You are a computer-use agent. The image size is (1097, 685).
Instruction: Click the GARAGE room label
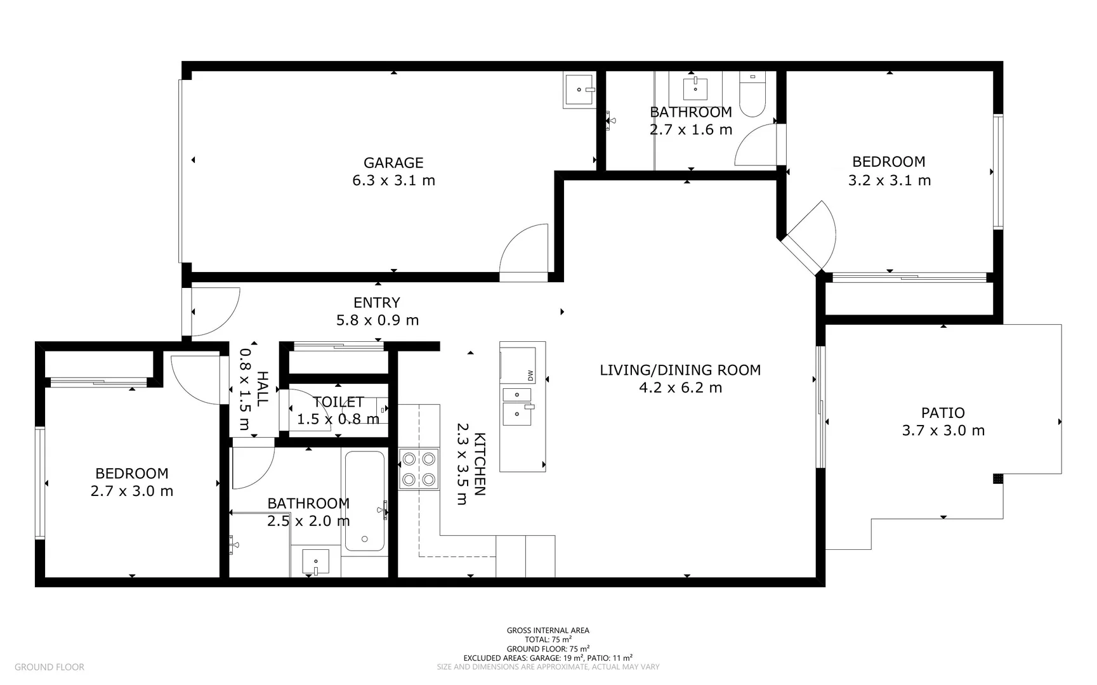(393, 163)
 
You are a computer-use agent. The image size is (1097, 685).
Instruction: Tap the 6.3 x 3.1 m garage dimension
(393, 181)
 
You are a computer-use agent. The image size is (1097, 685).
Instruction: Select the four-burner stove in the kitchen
(419, 469)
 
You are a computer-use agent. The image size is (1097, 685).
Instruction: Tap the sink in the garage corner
(579, 89)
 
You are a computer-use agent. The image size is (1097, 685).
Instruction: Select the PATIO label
(943, 413)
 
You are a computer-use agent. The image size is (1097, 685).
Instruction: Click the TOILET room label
(338, 402)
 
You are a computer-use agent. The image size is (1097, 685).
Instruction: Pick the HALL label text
(262, 388)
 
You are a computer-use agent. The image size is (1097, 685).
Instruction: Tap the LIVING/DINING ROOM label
(680, 370)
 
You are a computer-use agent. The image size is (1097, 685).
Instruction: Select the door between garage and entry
(525, 252)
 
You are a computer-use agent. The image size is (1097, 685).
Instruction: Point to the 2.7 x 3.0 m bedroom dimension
(132, 492)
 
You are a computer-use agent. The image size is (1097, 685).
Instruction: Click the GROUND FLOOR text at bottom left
(49, 667)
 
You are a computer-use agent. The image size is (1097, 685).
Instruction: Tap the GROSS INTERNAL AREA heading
(548, 630)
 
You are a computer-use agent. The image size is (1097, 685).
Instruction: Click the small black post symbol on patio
(998, 478)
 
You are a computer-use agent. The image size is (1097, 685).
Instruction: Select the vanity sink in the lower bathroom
(315, 562)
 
